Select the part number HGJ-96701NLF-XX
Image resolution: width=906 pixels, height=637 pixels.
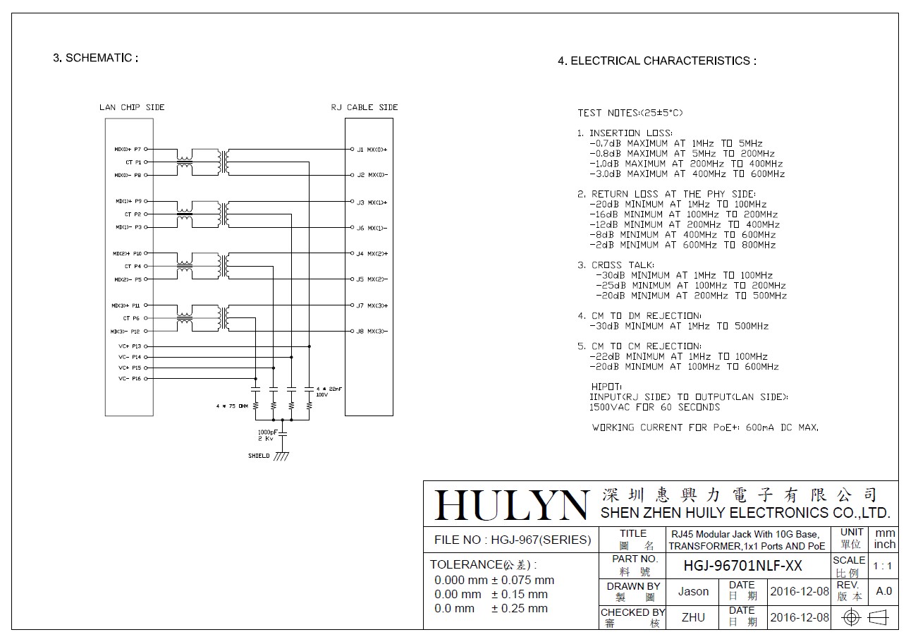[743, 566]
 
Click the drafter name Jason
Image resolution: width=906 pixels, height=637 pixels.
[693, 592]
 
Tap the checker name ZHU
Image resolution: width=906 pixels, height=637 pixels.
[693, 617]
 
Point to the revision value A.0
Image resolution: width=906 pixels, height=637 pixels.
[883, 591]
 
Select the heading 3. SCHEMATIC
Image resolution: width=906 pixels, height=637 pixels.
[95, 58]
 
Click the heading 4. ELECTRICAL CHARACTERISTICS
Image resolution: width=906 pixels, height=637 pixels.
[656, 61]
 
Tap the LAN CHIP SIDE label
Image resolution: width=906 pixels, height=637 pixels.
[132, 107]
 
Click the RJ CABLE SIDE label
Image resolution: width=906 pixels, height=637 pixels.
[365, 107]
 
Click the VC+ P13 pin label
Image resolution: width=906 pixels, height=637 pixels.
[130, 346]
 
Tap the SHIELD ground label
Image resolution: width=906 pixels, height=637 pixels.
[259, 456]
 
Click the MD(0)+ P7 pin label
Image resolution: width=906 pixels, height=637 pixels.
[128, 150]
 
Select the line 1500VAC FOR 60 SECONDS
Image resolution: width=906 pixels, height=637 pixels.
[654, 407]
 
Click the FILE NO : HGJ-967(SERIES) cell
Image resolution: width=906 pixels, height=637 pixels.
[512, 540]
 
